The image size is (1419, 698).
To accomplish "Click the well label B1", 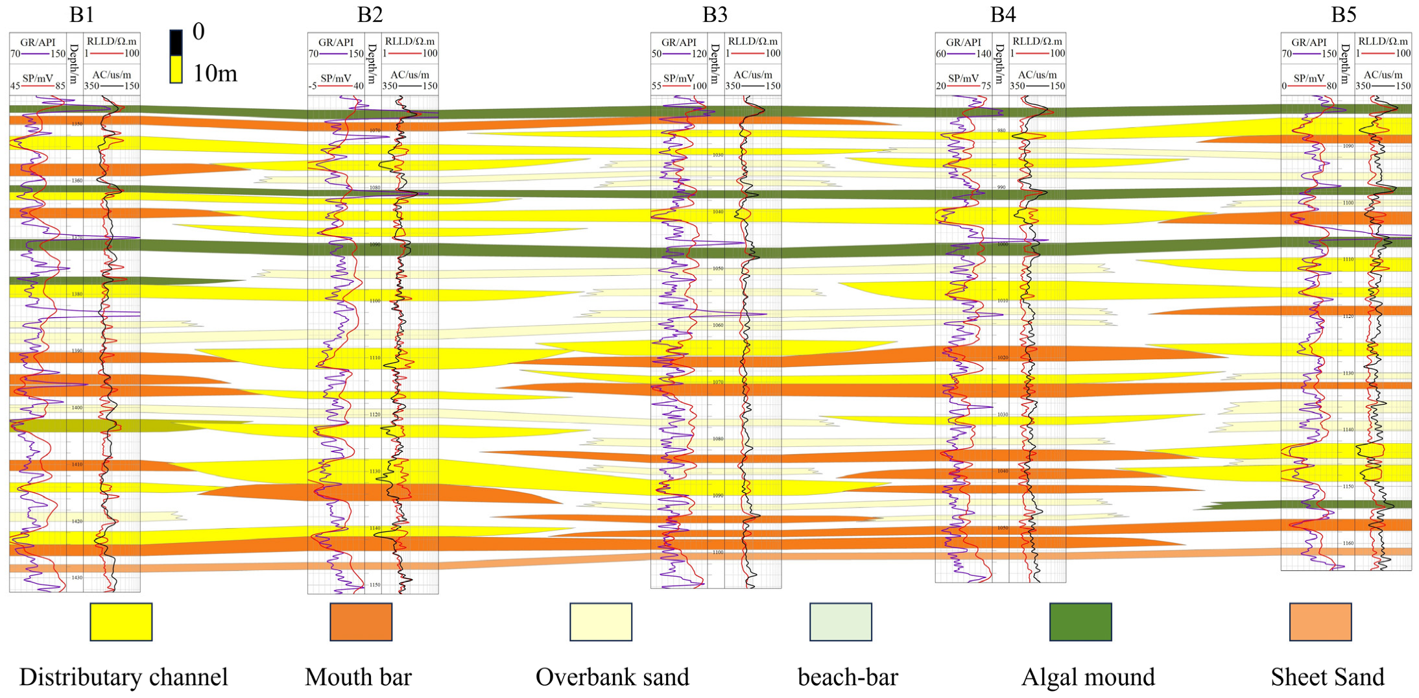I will (82, 14).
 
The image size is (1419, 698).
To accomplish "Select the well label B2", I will (370, 14).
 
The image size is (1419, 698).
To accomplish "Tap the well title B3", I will (715, 14).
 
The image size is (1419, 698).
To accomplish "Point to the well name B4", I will (1003, 14).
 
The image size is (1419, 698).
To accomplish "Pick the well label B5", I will (1343, 14).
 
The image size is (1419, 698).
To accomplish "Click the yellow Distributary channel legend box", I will (121, 621).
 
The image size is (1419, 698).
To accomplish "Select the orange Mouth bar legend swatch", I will (361, 621).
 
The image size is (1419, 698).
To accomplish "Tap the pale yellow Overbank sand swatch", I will (601, 621).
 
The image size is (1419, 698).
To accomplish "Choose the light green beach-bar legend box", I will (841, 621).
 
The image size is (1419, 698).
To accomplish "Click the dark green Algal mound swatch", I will (1080, 621).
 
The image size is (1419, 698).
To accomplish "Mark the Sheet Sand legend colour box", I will (1320, 621).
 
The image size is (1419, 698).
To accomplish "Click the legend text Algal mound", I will (1088, 677).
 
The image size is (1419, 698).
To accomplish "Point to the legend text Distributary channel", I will (123, 677).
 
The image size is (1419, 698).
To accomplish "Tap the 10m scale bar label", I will (215, 73).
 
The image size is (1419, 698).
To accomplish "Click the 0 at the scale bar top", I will (198, 31).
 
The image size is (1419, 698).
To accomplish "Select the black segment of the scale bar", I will (176, 43).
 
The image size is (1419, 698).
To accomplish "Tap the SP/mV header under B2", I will (335, 78).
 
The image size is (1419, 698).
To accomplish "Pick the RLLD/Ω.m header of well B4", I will (1038, 42).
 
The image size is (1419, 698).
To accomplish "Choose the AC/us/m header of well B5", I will (1383, 75).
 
